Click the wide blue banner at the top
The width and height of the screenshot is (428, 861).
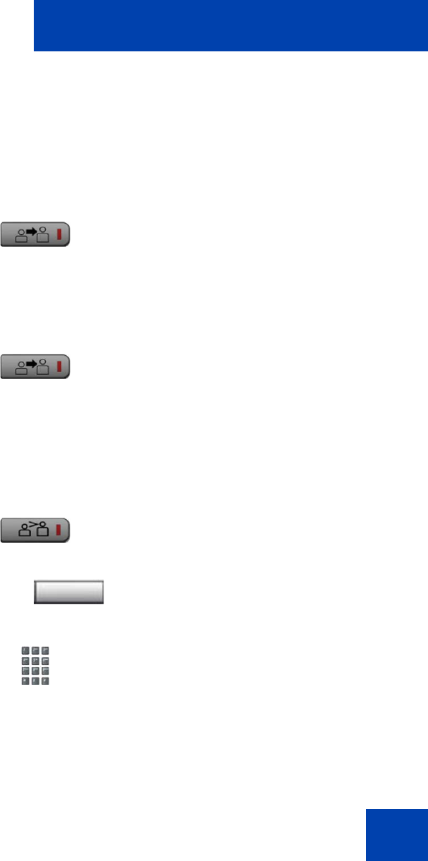(x=230, y=25)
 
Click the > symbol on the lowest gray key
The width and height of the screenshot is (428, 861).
(x=36, y=524)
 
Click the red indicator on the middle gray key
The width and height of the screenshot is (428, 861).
(x=59, y=368)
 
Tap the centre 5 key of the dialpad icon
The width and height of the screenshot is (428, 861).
(x=35, y=661)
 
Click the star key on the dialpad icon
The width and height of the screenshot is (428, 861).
(x=25, y=681)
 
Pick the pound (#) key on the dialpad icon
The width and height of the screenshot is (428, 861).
(x=45, y=681)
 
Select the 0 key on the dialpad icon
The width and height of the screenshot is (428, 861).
(x=35, y=681)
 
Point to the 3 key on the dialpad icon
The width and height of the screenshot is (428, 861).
(x=45, y=651)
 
